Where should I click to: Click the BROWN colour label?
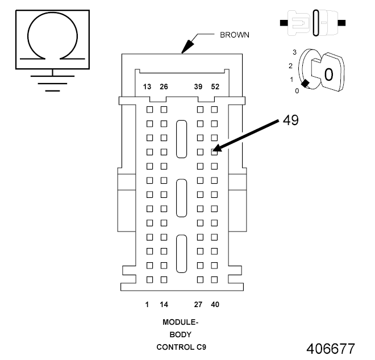tap(235, 35)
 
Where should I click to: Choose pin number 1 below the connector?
tap(147, 305)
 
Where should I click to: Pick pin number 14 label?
tap(164, 305)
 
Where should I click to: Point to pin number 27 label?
tap(198, 305)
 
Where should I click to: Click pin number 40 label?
tap(215, 305)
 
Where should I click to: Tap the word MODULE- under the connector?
tap(180, 322)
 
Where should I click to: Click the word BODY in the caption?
tap(180, 334)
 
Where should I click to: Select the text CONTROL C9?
tap(180, 347)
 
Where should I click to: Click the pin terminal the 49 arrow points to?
tap(214, 152)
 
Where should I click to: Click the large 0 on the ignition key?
tap(328, 75)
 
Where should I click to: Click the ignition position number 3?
tap(294, 52)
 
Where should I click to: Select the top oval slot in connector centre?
tap(181, 138)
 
